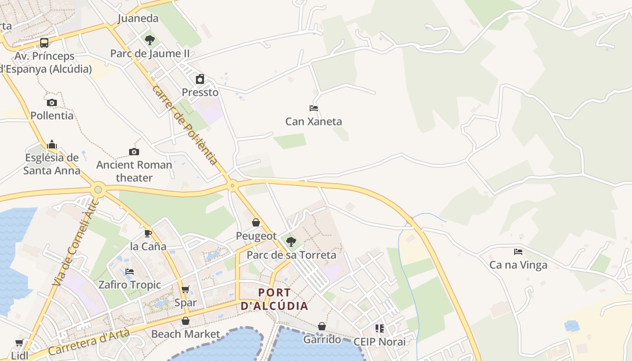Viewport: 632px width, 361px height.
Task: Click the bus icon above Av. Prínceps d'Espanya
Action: [x=44, y=43]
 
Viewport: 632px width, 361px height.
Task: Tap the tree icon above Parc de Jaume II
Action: [x=150, y=40]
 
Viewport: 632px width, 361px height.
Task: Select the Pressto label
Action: [x=200, y=93]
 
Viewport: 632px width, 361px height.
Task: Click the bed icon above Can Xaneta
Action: [x=314, y=108]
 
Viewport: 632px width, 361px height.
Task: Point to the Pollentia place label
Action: [x=52, y=116]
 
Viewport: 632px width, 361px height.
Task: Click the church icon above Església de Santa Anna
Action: [x=52, y=144]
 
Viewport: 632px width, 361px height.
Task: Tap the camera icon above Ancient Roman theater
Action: [x=134, y=152]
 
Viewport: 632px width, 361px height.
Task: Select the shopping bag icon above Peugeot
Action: [x=256, y=222]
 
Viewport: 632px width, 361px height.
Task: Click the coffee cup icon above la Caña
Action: [x=148, y=233]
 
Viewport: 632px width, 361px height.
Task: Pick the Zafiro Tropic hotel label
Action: [x=130, y=285]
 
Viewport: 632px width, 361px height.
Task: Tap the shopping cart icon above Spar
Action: [x=185, y=289]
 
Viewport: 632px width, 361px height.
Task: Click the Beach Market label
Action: [x=186, y=334]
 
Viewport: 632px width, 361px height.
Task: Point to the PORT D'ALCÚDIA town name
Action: [x=274, y=299]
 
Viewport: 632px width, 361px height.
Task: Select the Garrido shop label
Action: [x=322, y=339]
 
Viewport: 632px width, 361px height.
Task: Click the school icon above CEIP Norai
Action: [x=379, y=329]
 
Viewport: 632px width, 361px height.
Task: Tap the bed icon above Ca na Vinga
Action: [x=518, y=252]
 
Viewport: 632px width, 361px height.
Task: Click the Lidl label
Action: [x=19, y=356]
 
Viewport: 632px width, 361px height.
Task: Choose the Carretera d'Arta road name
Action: [x=88, y=342]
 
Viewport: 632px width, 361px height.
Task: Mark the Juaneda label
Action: [x=138, y=19]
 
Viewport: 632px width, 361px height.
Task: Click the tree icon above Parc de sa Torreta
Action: [x=291, y=241]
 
